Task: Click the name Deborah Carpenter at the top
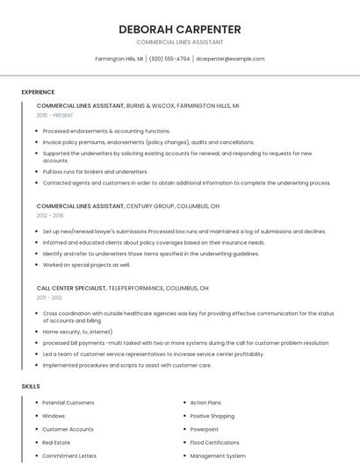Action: pyautogui.click(x=180, y=29)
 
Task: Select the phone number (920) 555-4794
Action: pyautogui.click(x=169, y=59)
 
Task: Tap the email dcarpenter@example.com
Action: pyautogui.click(x=230, y=59)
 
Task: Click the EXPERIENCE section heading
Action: pyautogui.click(x=38, y=92)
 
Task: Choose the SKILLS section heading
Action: pyautogui.click(x=31, y=386)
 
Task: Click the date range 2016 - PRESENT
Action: pyautogui.click(x=55, y=115)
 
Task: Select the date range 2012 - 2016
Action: pyautogui.click(x=50, y=215)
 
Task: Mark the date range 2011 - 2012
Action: pyautogui.click(x=49, y=298)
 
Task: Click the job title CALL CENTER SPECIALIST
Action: pyautogui.click(x=71, y=288)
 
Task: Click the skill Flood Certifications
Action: pyautogui.click(x=215, y=442)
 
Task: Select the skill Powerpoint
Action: pyautogui.click(x=205, y=429)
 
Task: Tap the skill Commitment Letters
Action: pyautogui.click(x=69, y=456)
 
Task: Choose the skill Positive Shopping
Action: pyautogui.click(x=212, y=416)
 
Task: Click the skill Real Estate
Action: pyautogui.click(x=56, y=442)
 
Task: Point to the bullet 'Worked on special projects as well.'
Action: pyautogui.click(x=86, y=264)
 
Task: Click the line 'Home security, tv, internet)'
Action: pyautogui.click(x=77, y=332)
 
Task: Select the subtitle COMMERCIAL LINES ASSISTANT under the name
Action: pyautogui.click(x=180, y=42)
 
